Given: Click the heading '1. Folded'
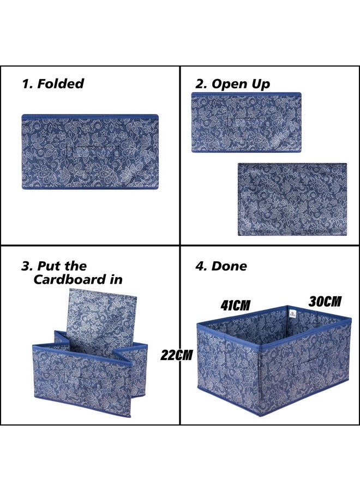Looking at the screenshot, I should (53, 83).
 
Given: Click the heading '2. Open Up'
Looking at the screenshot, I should (233, 83).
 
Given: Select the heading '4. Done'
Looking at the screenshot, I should (221, 266).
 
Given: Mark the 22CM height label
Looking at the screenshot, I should (177, 355).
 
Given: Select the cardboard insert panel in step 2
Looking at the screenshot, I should (292, 199).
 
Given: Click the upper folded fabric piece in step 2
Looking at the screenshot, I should (246, 122).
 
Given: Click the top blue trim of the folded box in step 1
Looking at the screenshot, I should (90, 116).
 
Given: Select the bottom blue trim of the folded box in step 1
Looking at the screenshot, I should (90, 187).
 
